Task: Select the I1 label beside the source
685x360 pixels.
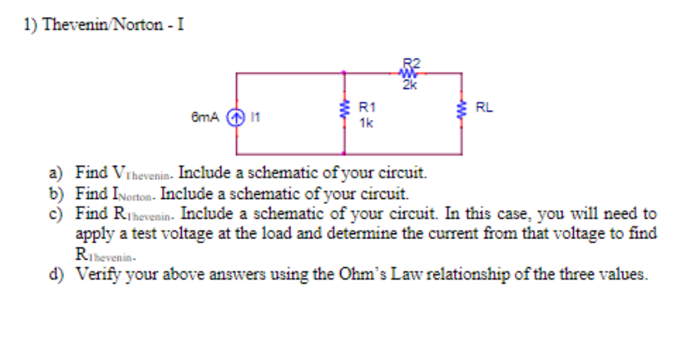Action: pyautogui.click(x=254, y=117)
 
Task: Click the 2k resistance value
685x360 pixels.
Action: pyautogui.click(x=410, y=83)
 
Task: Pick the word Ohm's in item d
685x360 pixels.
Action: pyautogui.click(x=392, y=274)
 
